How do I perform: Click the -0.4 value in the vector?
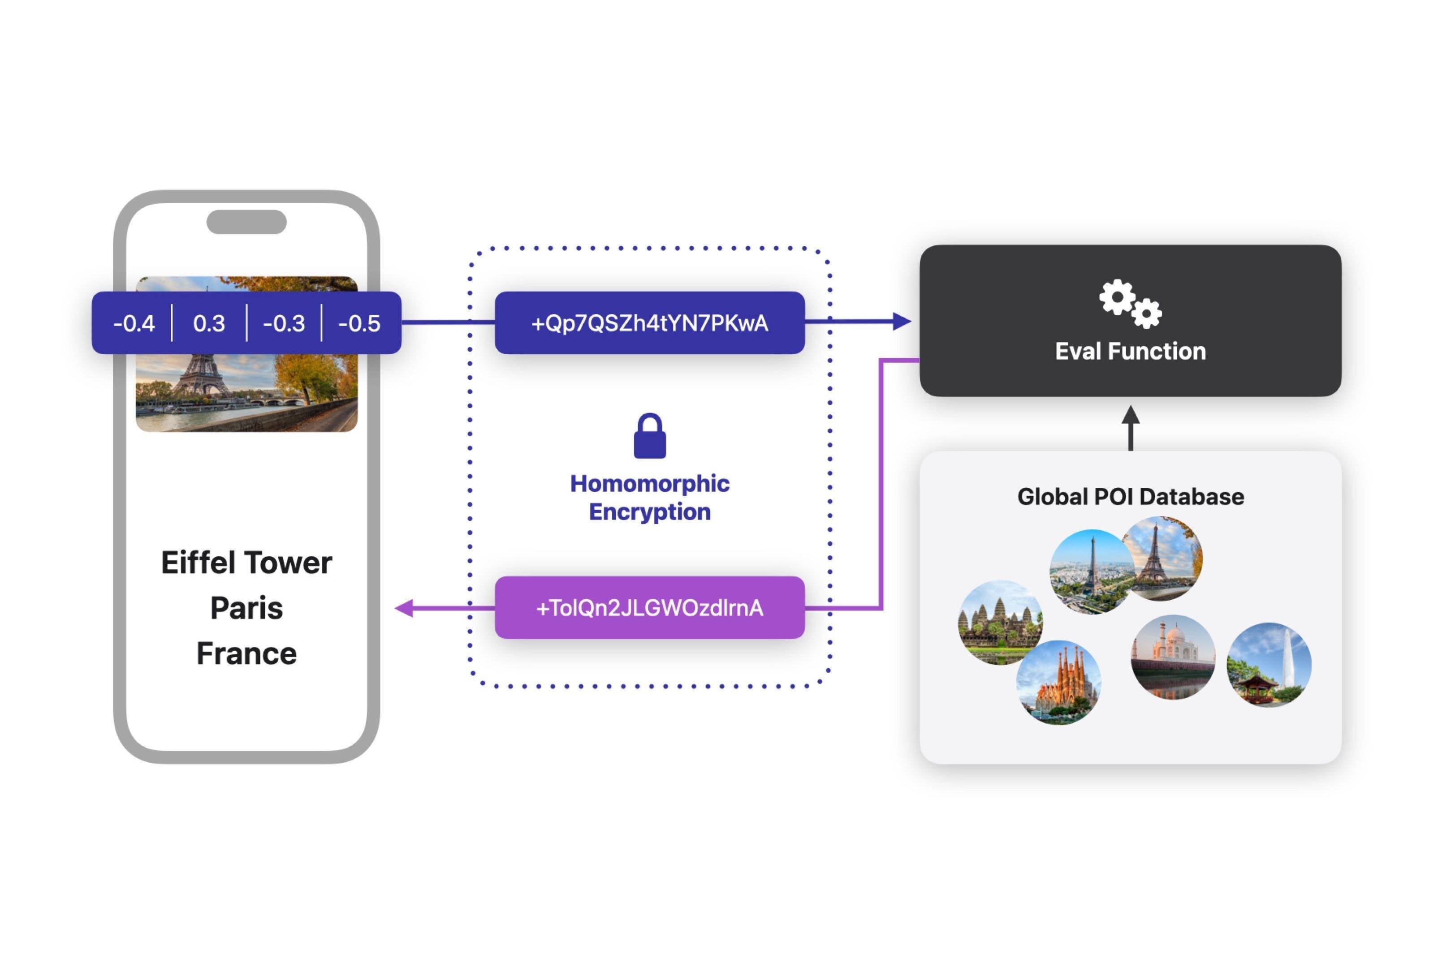(x=134, y=323)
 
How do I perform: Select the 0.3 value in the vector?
(x=209, y=323)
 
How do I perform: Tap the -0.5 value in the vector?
(x=359, y=323)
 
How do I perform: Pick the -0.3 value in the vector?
(x=284, y=323)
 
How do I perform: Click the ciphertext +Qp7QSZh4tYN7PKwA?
(x=649, y=323)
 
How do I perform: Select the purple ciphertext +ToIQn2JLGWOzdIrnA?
(x=649, y=608)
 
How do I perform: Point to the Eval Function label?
(x=1130, y=351)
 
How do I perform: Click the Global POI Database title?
(x=1130, y=496)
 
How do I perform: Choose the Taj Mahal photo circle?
(x=1172, y=657)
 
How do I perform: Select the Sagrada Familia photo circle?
(x=1058, y=682)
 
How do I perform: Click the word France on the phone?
(x=246, y=653)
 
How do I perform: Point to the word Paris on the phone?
(x=246, y=608)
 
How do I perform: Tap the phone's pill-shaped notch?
(x=246, y=222)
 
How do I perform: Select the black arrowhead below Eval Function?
(x=1130, y=416)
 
